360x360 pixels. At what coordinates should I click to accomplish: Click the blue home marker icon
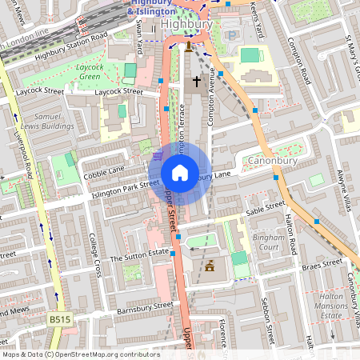[180, 173]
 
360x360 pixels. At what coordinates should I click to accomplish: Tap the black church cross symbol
[197, 82]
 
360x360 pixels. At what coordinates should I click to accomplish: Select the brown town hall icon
[210, 266]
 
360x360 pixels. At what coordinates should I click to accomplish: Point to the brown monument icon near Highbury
[189, 46]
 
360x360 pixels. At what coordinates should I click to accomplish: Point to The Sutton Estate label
[140, 257]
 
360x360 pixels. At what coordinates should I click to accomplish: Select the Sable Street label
[266, 208]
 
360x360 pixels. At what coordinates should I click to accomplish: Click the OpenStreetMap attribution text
[81, 354]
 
